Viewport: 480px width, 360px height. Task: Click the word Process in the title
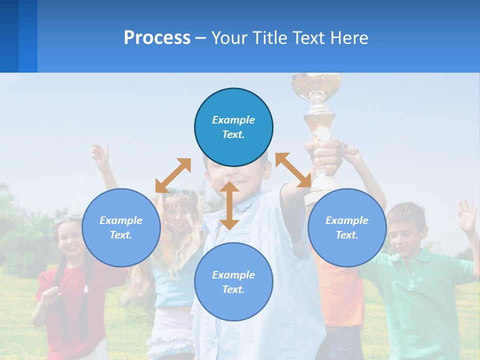click(157, 38)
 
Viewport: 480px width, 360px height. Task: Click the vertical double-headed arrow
click(229, 205)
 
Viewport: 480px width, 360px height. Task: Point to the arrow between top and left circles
click(173, 175)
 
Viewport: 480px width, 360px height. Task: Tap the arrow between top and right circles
click(293, 170)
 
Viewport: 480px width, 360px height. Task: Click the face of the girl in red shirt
click(70, 239)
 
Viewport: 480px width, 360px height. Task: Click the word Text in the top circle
click(233, 134)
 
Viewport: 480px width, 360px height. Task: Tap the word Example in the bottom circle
click(233, 274)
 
